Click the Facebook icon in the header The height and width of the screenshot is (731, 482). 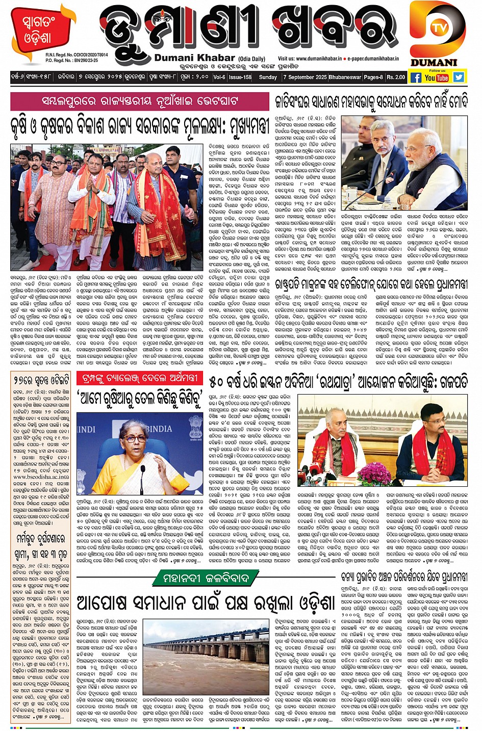416,77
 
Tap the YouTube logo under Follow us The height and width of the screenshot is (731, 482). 437,77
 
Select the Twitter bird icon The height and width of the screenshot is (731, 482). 459,77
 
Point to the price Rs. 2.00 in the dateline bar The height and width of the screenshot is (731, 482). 396,77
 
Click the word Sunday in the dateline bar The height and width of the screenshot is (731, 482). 268,77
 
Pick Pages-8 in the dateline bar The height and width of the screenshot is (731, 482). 372,77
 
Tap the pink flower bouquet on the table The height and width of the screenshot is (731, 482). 374,473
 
